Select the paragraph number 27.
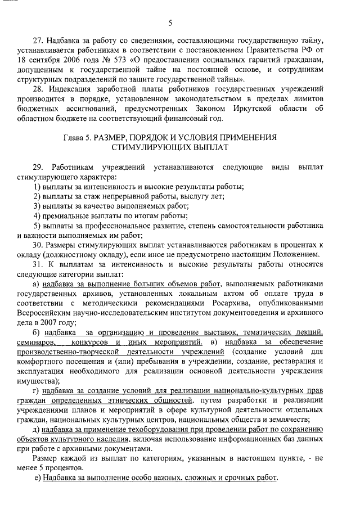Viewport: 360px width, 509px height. pos(38,40)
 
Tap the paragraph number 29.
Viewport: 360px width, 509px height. pos(38,168)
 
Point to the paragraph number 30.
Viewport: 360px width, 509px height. pos(38,246)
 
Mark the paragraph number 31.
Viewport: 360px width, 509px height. pos(38,265)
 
